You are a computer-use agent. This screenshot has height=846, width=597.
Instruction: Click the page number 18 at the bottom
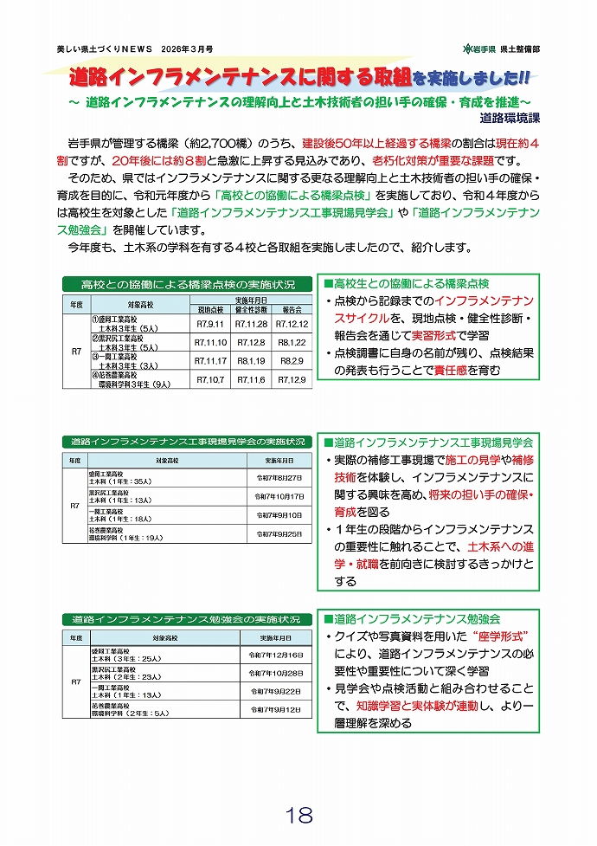click(298, 816)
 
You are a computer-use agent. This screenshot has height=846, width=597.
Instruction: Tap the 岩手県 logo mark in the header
click(468, 48)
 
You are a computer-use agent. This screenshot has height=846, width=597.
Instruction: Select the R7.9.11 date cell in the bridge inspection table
click(210, 324)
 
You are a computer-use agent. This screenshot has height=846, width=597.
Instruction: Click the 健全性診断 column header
click(252, 309)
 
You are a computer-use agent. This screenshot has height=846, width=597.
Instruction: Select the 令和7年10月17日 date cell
click(279, 496)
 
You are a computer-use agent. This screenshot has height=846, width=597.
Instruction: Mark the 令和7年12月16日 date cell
click(275, 655)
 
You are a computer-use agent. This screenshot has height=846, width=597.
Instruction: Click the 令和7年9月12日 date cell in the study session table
click(275, 709)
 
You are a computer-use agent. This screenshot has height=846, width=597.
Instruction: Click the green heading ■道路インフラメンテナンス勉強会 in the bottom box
click(412, 619)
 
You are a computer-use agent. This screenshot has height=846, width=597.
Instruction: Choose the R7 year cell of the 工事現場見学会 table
click(74, 506)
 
